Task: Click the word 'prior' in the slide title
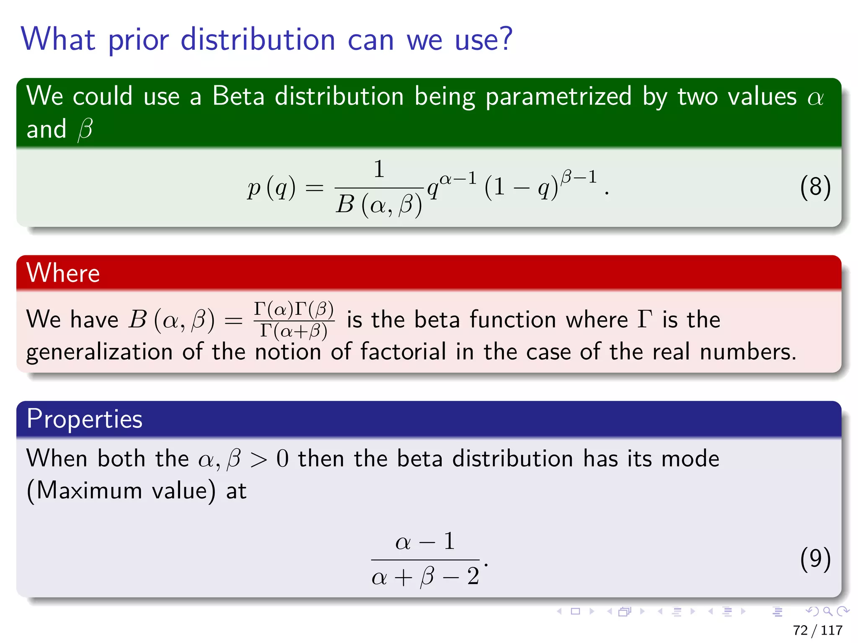pyautogui.click(x=138, y=40)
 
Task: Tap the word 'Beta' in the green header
pyautogui.click(x=238, y=96)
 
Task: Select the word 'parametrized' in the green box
pyautogui.click(x=558, y=97)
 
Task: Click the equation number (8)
pyautogui.click(x=815, y=187)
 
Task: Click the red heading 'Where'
pyautogui.click(x=63, y=273)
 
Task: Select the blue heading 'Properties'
pyautogui.click(x=84, y=419)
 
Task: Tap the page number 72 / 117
pyautogui.click(x=817, y=630)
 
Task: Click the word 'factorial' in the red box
pyautogui.click(x=403, y=351)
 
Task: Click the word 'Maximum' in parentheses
pyautogui.click(x=89, y=490)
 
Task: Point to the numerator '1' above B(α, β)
pyautogui.click(x=379, y=170)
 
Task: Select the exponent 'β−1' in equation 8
pyautogui.click(x=579, y=177)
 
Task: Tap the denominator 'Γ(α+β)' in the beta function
pyautogui.click(x=294, y=331)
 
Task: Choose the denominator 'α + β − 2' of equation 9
pyautogui.click(x=425, y=577)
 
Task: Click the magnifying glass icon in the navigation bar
pyautogui.click(x=827, y=611)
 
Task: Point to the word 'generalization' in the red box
pyautogui.click(x=99, y=352)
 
